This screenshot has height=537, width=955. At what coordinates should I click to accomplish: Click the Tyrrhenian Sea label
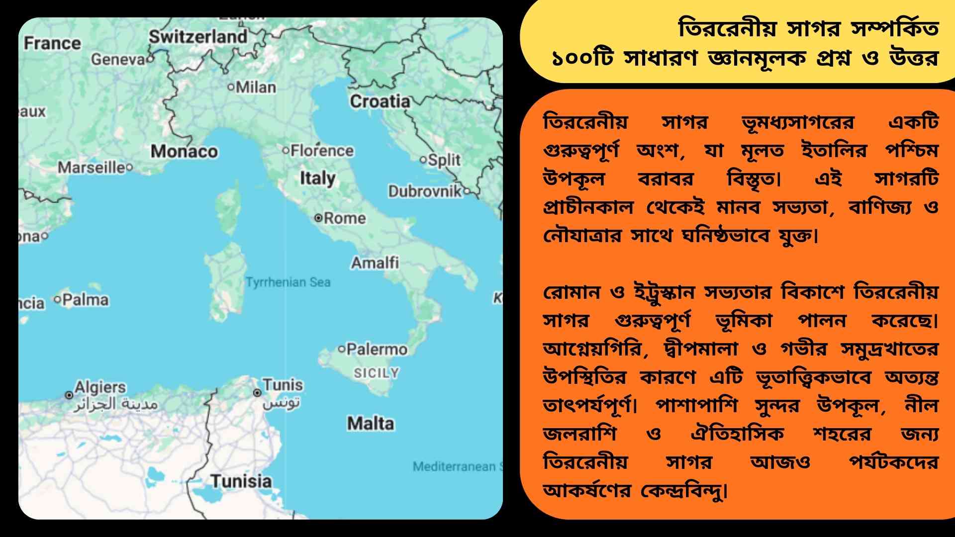coord(288,282)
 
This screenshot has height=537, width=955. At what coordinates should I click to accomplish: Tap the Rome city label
coord(345,218)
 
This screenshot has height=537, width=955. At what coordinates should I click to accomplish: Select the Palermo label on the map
coord(377,349)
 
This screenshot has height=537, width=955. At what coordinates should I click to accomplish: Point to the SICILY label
coord(377,372)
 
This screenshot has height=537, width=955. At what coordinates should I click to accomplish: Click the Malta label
coord(371,424)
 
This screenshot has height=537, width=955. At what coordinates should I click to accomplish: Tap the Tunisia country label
coord(241,481)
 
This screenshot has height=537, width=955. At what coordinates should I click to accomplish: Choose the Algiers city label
coord(100,387)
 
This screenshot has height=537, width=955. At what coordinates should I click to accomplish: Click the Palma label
coord(85,299)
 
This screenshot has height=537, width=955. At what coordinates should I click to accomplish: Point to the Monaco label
coord(184,151)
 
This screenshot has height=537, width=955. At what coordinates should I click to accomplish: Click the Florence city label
coord(322,150)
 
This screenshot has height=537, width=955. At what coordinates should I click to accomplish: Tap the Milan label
coord(256,88)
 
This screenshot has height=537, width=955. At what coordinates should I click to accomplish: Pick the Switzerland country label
coord(198,36)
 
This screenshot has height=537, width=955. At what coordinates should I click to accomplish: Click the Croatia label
coord(380,101)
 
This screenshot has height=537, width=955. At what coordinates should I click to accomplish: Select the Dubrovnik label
coord(425,191)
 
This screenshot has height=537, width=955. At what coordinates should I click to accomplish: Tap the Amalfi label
coord(375,263)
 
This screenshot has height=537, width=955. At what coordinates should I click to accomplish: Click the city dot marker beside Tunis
coord(257,393)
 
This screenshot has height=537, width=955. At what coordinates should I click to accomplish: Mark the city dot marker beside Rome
coord(318,218)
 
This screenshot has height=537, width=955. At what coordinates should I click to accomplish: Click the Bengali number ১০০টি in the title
coord(582,59)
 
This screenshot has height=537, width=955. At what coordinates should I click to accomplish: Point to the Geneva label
coord(117,59)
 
